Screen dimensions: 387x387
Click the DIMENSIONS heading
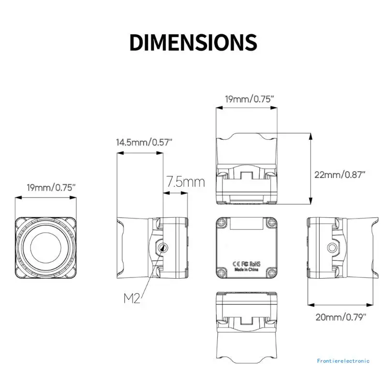(x=193, y=43)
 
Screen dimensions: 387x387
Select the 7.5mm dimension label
(x=186, y=182)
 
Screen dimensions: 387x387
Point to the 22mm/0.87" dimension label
(x=340, y=174)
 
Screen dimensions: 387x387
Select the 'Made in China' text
(x=247, y=271)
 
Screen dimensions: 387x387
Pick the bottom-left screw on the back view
(x=222, y=272)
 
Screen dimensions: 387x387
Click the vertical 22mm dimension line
(x=310, y=169)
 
